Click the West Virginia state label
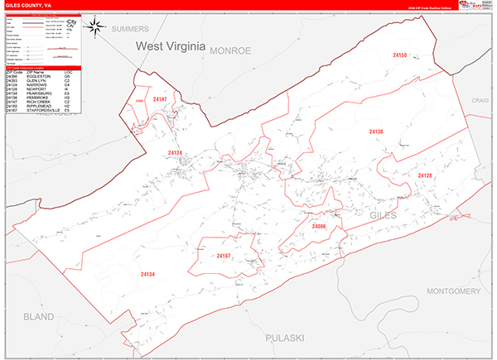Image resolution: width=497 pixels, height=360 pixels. (170, 47)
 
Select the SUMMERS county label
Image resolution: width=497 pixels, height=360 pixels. (129, 28)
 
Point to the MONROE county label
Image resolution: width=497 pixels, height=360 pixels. (229, 50)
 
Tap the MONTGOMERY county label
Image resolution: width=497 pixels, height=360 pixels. (452, 291)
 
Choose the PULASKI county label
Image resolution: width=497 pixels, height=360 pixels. (287, 338)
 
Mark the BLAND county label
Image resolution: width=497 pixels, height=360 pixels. (38, 316)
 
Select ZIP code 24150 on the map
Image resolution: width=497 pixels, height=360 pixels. (400, 55)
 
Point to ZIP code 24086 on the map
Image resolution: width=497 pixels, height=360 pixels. (320, 226)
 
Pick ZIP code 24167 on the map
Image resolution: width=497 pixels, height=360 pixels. (224, 257)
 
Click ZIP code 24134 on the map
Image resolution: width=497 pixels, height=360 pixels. (147, 274)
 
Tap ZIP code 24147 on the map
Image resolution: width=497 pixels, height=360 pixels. (160, 99)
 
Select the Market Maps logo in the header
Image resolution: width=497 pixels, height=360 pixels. (469, 5)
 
